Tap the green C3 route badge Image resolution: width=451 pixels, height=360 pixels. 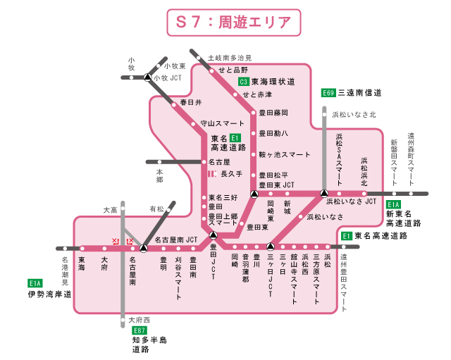click(x=243, y=82)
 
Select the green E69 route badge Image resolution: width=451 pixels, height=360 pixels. click(x=328, y=92)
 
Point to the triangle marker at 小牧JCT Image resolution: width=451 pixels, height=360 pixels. click(x=147, y=77)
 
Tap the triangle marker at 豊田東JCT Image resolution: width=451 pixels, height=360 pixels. click(x=254, y=193)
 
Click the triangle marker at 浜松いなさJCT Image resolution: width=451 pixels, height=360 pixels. click(x=324, y=193)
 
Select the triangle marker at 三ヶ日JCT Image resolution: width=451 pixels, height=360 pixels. click(x=271, y=247)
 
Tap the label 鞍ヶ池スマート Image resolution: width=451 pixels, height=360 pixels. click(x=285, y=154)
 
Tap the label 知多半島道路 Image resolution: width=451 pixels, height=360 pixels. click(x=149, y=345)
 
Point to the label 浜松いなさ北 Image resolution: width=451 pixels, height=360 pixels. click(x=354, y=113)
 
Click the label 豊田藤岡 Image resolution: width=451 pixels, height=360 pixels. click(x=273, y=113)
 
